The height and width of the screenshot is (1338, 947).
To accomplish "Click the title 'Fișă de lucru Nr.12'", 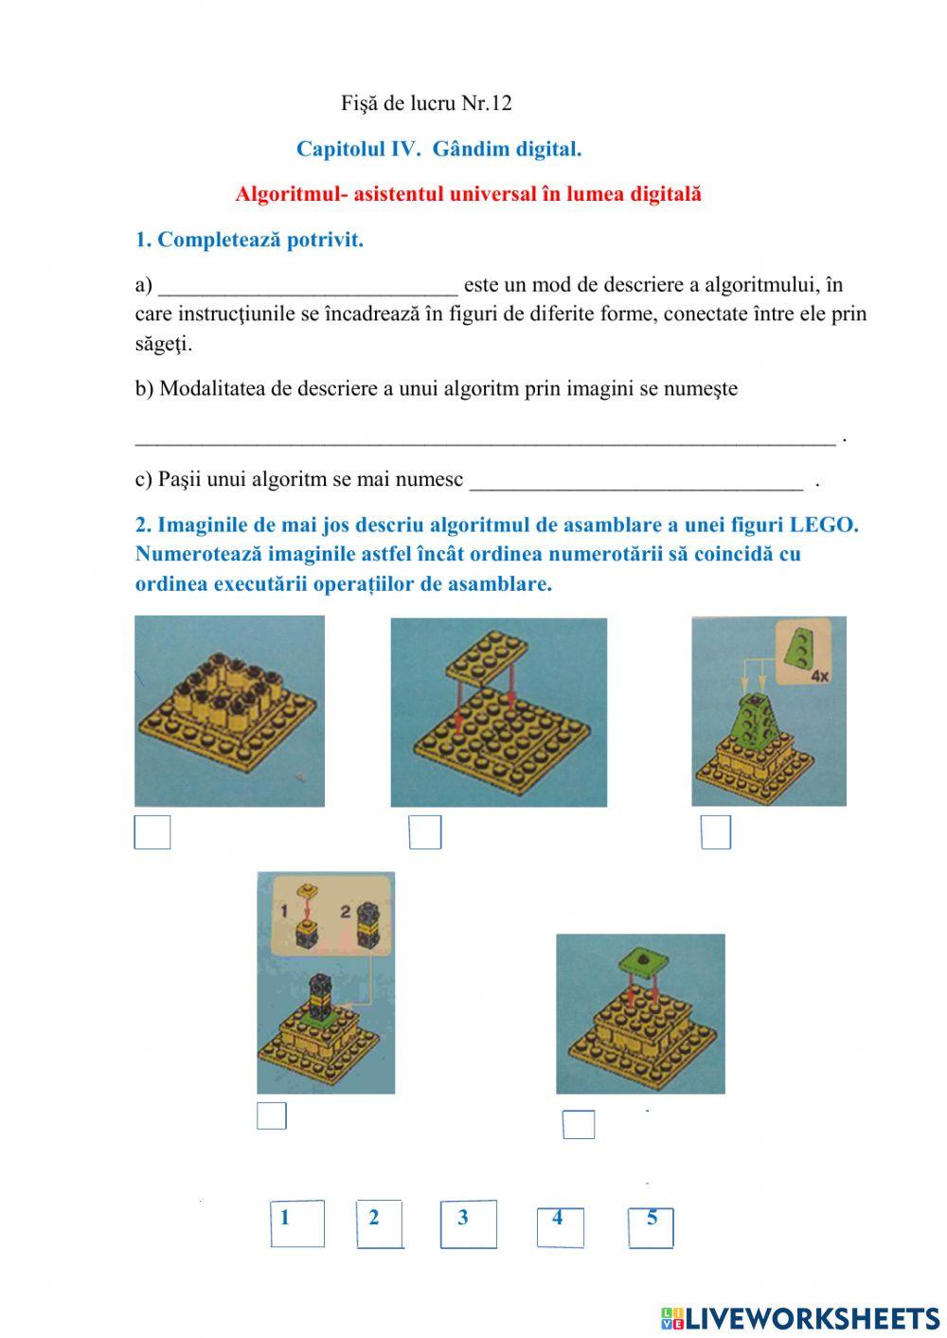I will coord(426,103).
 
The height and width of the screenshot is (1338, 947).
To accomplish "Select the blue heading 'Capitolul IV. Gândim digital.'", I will coord(438,149).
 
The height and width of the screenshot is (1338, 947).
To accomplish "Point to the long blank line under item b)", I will coord(485,437).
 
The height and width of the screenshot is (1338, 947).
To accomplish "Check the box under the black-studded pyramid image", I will coord(152,832).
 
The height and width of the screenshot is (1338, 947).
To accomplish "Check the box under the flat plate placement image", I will coord(425,832).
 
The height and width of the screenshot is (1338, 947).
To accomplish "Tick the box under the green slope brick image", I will coord(716,832).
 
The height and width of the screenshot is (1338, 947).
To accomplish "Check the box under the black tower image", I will coord(272,1116).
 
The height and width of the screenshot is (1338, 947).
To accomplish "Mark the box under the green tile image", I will coord(579,1124).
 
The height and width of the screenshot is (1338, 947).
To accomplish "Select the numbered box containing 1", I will coord(296,1223).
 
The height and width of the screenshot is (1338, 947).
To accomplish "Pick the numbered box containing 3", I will coord(468,1224).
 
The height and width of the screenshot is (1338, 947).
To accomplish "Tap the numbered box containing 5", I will coord(651,1227).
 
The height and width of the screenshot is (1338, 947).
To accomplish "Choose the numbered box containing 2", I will coord(380,1224).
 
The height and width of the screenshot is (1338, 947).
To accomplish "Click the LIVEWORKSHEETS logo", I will coord(800,1317).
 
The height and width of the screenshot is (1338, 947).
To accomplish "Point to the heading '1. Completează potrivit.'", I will coord(249,241).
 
